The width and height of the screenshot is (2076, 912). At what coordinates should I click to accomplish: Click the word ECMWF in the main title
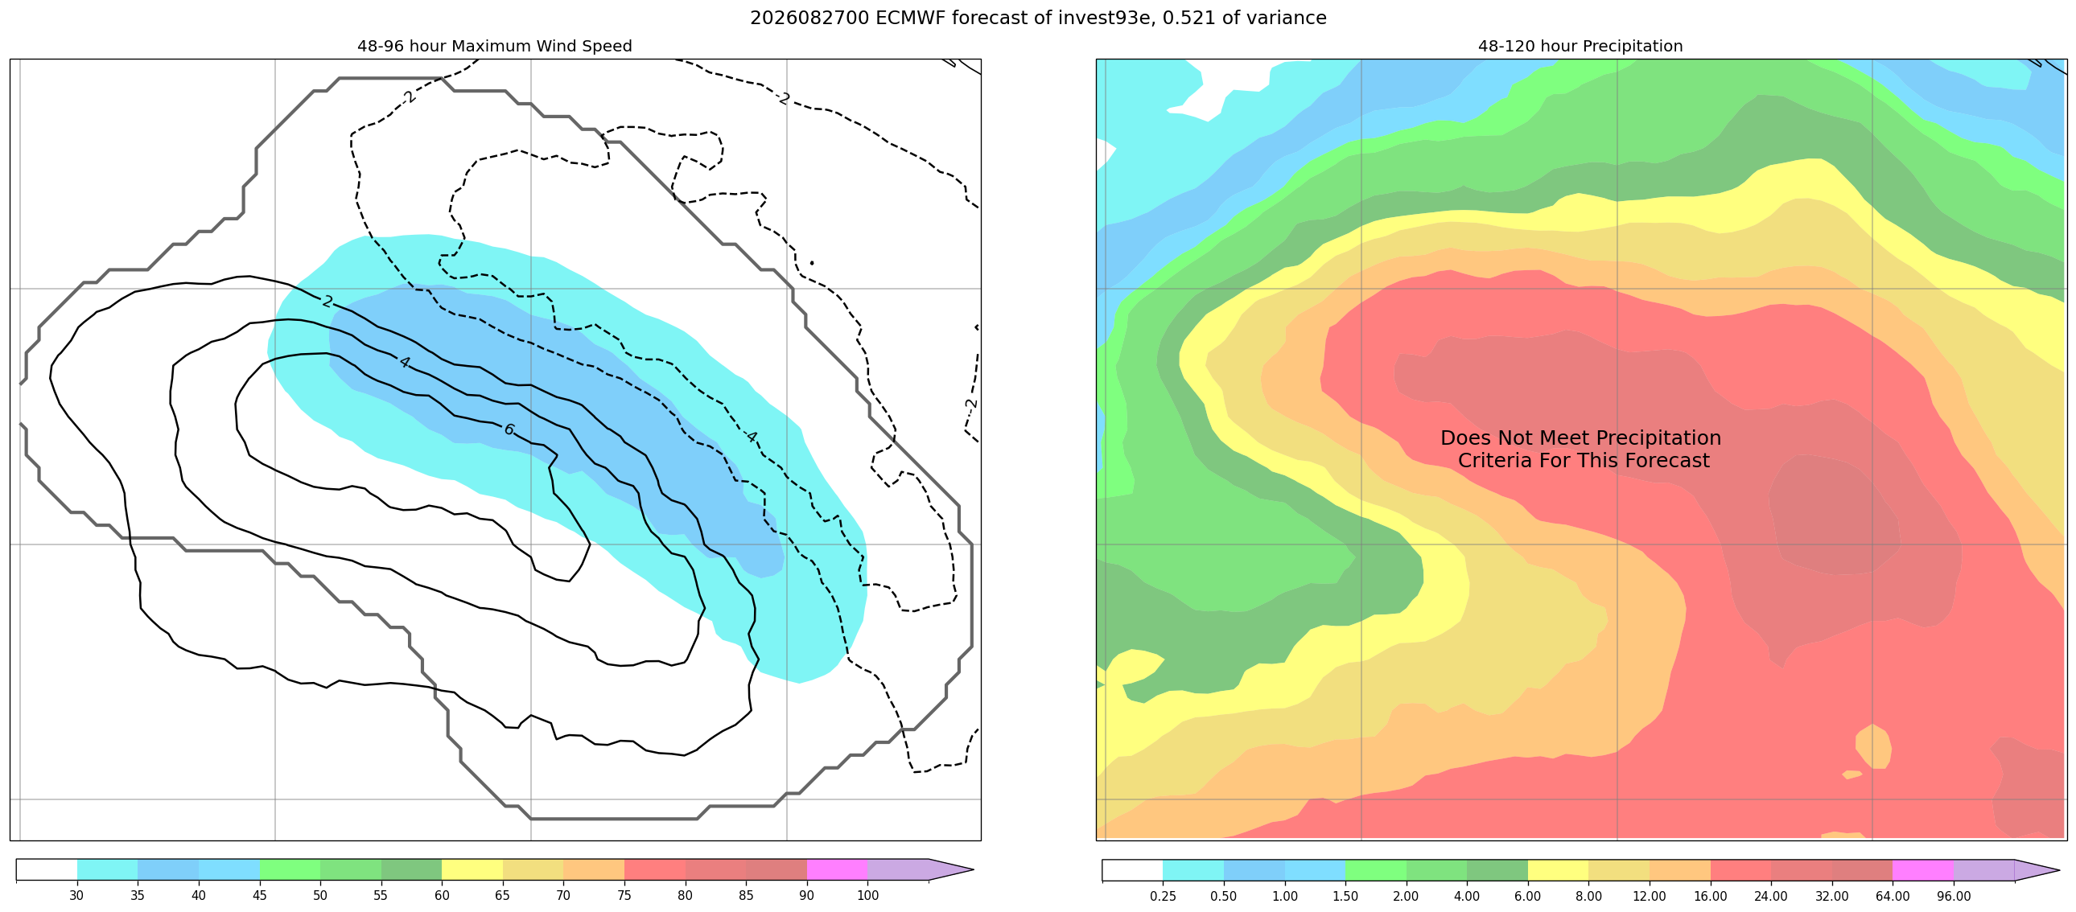click(908, 18)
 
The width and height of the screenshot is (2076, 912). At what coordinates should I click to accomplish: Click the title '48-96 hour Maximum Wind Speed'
click(495, 46)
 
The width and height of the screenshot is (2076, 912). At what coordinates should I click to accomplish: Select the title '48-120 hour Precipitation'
click(1580, 46)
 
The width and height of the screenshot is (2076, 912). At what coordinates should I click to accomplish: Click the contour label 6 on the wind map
click(509, 429)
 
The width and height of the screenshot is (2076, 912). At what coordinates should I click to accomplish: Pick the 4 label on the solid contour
click(405, 363)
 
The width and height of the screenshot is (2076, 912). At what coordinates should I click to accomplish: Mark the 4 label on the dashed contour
click(751, 437)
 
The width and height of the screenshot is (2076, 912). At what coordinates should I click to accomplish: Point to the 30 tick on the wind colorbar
click(76, 895)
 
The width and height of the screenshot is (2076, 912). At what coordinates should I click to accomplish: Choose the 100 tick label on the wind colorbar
click(868, 895)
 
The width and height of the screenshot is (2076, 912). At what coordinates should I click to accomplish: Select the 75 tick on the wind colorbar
click(624, 895)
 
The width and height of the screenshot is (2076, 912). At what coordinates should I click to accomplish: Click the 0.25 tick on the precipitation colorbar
click(1163, 895)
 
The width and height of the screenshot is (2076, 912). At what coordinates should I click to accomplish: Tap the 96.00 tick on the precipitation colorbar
click(1954, 895)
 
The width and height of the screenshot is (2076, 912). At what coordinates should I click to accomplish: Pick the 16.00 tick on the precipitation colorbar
click(1710, 895)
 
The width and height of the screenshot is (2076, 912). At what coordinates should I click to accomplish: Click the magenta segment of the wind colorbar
click(837, 870)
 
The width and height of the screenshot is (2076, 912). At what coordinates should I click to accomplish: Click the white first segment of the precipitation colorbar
click(1132, 870)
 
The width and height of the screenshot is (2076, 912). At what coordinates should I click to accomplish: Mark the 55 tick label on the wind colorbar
click(381, 895)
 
